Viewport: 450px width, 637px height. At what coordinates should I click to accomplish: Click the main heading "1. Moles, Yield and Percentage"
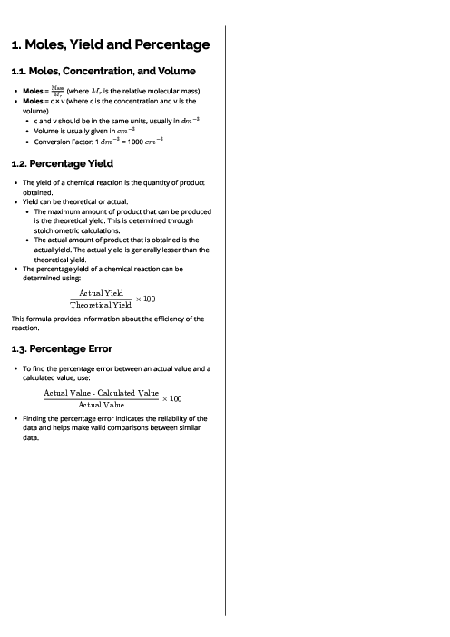110,44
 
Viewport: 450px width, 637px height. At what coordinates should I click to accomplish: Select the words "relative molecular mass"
159,92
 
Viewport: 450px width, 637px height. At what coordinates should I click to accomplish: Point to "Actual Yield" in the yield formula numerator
101,292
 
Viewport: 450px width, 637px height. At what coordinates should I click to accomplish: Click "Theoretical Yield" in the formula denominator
101,305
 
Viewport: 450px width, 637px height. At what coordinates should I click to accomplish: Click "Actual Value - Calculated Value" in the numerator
101,391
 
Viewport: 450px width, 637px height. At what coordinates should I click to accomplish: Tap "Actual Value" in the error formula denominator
101,404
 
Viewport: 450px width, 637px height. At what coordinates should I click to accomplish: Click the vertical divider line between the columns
225,318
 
